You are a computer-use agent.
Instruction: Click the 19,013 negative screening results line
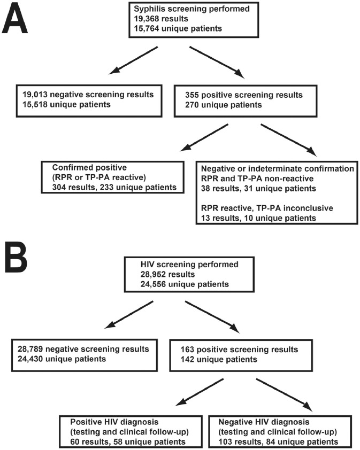pos(85,94)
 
